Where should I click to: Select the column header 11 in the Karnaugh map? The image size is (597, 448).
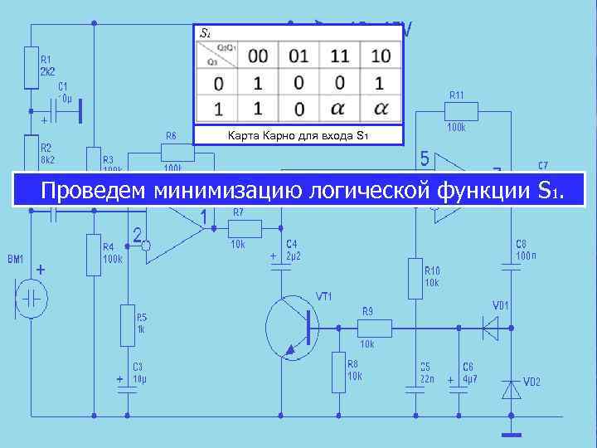[x=339, y=56]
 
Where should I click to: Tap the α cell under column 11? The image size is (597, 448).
[x=339, y=109]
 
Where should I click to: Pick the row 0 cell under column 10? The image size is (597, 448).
[x=380, y=83]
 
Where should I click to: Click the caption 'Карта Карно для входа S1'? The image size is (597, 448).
[x=297, y=136]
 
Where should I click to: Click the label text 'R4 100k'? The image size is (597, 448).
[x=113, y=252]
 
